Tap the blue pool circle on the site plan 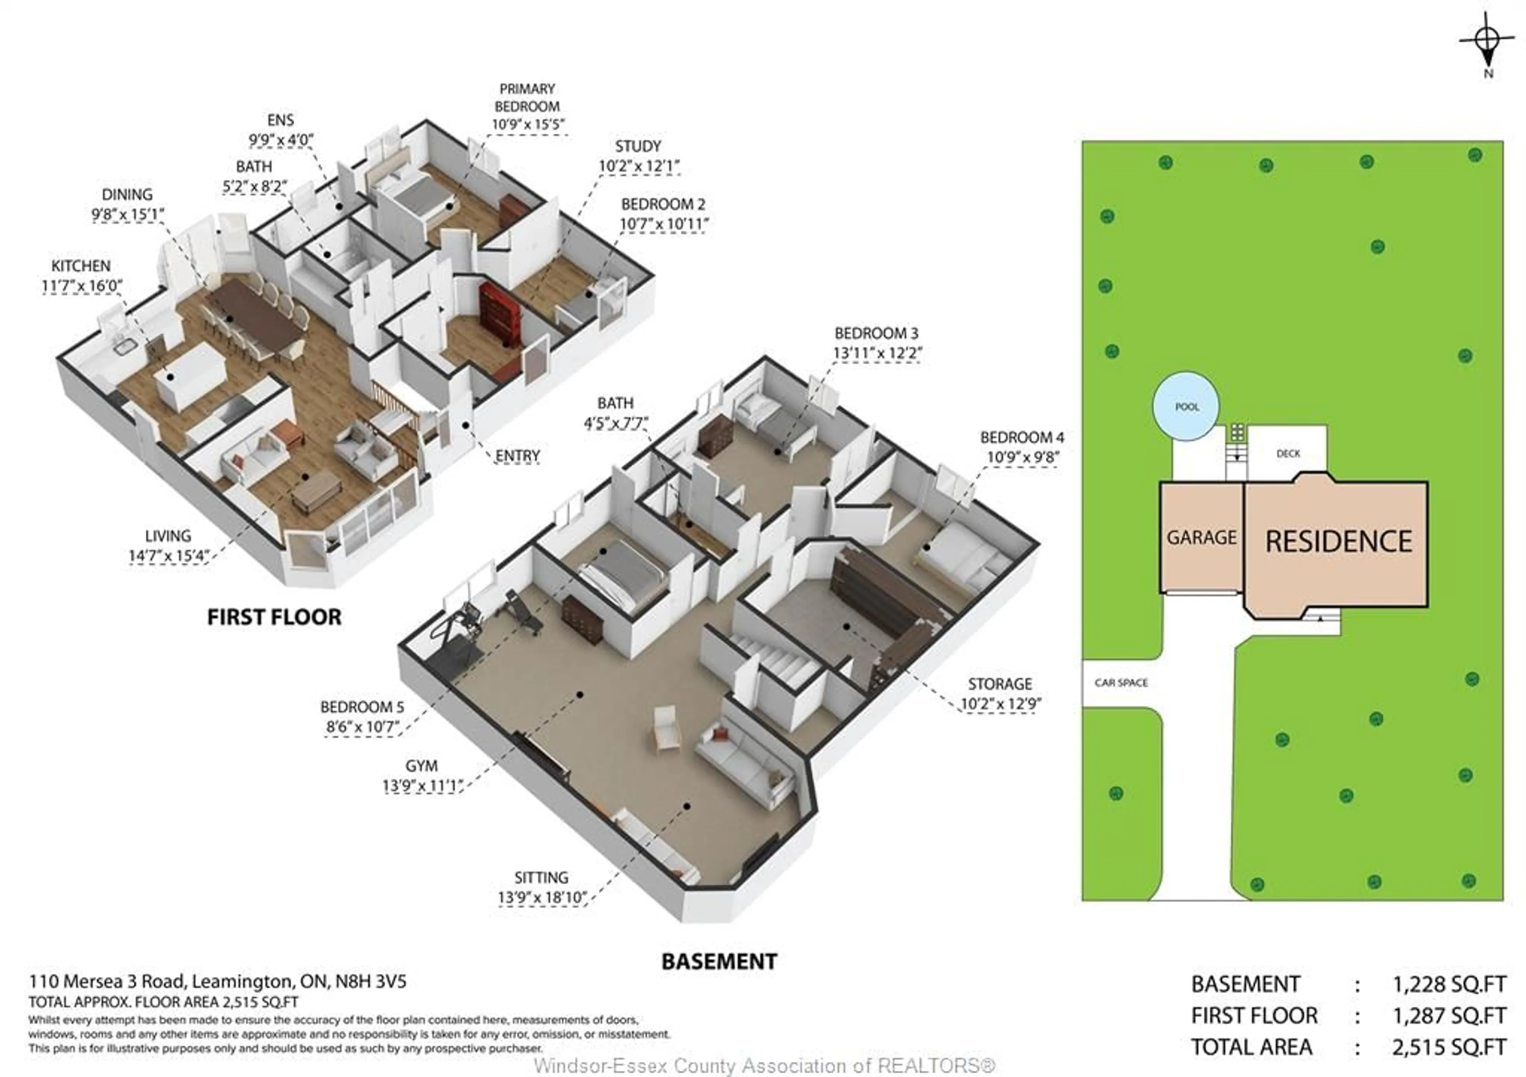coord(1186,406)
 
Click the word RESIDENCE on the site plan coord(1338,541)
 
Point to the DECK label coord(1288,453)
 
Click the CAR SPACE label coord(1121,683)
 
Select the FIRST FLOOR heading coord(274,617)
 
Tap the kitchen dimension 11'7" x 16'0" coord(82,286)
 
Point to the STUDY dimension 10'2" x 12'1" coord(639,166)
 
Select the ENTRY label coord(517,456)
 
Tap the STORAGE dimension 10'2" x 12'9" coord(1000,704)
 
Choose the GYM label coord(421,766)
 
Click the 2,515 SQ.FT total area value coord(1448,1047)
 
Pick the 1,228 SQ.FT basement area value coord(1448,984)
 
